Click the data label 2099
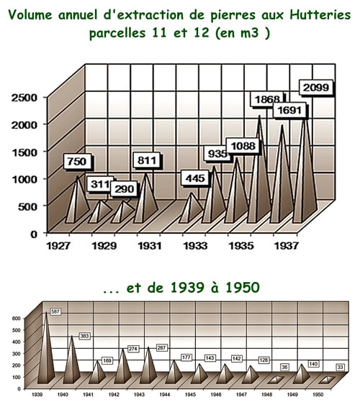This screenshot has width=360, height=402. click(316, 88)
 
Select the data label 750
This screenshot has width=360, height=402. click(77, 162)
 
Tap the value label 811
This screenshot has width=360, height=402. click(147, 160)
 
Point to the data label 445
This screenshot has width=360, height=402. click(195, 178)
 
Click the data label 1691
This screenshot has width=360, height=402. click(289, 111)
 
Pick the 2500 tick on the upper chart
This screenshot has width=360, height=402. click(24, 98)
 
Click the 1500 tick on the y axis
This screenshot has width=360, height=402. click(25, 152)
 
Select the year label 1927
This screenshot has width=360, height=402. click(58, 246)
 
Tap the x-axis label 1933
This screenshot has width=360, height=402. click(195, 246)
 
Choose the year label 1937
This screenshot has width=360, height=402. click(286, 246)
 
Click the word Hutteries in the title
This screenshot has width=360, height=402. click(320, 14)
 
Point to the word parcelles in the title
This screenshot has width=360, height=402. click(117, 33)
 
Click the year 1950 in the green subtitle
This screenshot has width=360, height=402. click(243, 288)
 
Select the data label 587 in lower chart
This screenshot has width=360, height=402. click(55, 312)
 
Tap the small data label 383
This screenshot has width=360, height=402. click(84, 336)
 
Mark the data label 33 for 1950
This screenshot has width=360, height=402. click(340, 367)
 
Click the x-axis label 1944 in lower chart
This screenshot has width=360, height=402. click(164, 395)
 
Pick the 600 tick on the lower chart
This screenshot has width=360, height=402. click(15, 318)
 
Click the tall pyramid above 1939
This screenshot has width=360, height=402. click(46, 348)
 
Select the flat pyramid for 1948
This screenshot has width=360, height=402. click(276, 380)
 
